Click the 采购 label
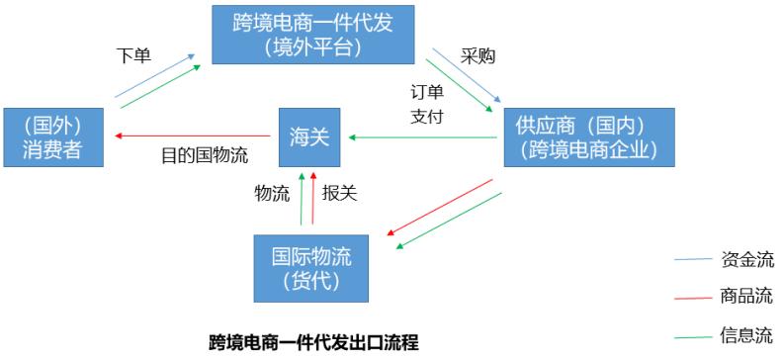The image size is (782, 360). tap(478, 56)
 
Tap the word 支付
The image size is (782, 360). tap(427, 116)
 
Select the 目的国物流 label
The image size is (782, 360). tap(205, 154)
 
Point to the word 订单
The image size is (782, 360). tap(427, 92)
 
